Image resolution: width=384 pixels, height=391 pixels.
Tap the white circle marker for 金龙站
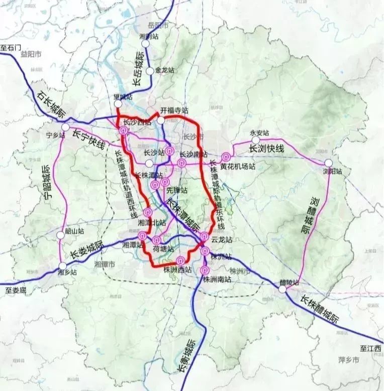pos(149,71)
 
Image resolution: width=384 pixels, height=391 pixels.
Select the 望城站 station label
pos(123,96)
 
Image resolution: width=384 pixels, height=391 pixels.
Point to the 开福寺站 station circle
pos(160,120)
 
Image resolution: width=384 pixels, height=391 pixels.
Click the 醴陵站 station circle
pos(283,290)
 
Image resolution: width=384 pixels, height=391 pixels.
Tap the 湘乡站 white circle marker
pos(63,267)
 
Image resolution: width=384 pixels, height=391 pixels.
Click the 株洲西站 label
pos(178,270)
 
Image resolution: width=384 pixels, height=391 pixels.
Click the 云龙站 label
pos(222,240)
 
